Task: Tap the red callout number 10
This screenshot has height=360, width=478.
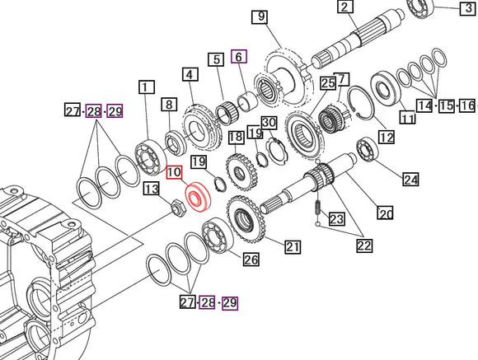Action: click(x=174, y=172)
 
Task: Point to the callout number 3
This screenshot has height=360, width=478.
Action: click(x=467, y=9)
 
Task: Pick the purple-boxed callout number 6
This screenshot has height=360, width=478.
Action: click(x=239, y=56)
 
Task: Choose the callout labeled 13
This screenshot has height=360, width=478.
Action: click(x=151, y=189)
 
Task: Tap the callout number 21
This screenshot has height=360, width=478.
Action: click(x=293, y=245)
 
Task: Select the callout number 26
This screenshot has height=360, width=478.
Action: click(x=251, y=260)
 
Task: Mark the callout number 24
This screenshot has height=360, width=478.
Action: click(x=410, y=179)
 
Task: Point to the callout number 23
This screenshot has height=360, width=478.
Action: click(x=337, y=219)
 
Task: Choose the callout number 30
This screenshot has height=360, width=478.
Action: click(x=268, y=121)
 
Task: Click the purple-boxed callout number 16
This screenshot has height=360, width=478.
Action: click(x=467, y=105)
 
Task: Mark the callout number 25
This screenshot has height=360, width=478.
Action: click(x=327, y=83)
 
